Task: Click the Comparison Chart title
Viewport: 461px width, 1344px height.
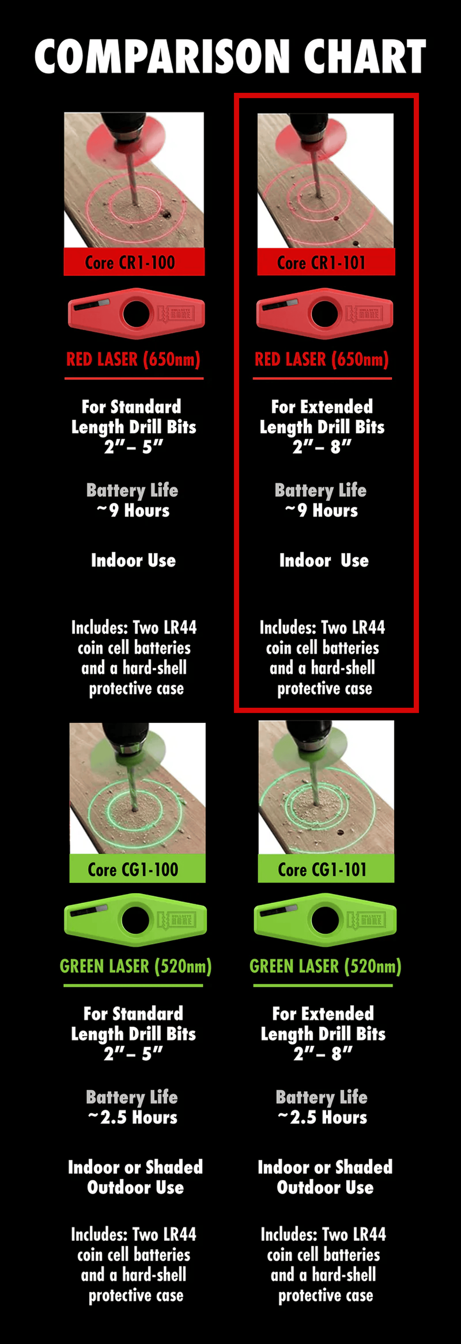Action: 230,56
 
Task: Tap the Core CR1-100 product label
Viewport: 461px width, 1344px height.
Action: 134,262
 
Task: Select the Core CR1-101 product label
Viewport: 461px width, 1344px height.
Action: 326,262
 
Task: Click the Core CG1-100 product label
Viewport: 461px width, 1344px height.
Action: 137,869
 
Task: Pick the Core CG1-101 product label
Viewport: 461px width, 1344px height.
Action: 326,869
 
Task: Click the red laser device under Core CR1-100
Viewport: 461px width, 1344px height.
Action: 136,314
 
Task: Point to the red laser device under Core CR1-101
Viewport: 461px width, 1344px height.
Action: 324,314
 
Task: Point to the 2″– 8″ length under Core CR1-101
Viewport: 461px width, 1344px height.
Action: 322,447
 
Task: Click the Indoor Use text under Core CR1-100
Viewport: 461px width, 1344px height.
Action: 133,560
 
